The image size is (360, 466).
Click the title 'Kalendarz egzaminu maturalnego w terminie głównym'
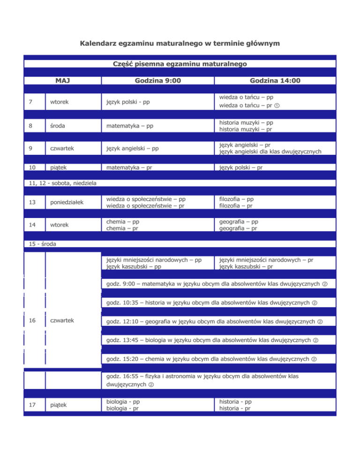click(x=180, y=44)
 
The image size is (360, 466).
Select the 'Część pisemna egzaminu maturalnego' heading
click(x=180, y=64)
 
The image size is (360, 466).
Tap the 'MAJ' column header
click(x=62, y=81)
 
